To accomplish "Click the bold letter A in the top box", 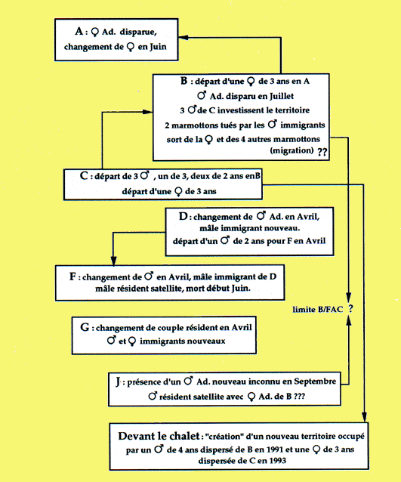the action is [79, 32].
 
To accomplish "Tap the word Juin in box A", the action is [159, 47].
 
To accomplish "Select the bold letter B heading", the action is [184, 81].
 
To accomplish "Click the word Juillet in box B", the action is [282, 96].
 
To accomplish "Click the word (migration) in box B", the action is [292, 150].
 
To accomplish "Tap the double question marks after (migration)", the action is [322, 152].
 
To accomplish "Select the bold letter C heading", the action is [84, 176].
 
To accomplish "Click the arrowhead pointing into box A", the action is [184, 38].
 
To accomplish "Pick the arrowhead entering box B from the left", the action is [148, 112].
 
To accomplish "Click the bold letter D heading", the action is [183, 216].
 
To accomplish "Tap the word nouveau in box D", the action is [284, 228].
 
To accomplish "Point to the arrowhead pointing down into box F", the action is [113, 261].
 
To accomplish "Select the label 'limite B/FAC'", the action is [318, 309].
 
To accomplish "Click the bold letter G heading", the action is [85, 327].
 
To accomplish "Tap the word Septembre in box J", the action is [315, 382].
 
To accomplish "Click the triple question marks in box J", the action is [299, 396].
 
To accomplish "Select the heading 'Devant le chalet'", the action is [159, 436].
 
